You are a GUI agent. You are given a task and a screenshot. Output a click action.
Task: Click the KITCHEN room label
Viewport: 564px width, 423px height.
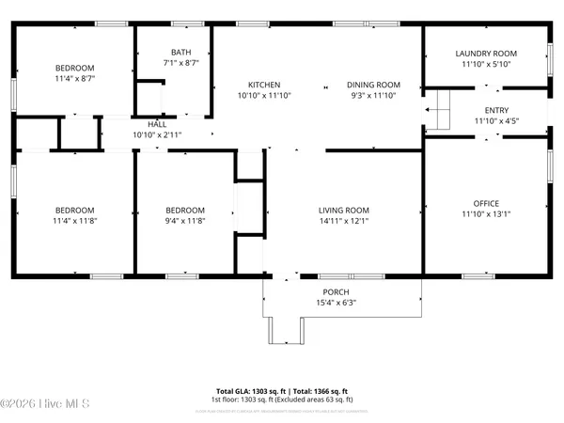point(257,85)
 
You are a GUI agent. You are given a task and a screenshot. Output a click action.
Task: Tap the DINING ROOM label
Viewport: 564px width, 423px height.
point(373,85)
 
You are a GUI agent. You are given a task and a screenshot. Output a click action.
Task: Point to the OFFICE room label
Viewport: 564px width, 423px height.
point(486,203)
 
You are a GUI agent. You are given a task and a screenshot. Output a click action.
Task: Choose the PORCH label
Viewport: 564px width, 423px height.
point(337,292)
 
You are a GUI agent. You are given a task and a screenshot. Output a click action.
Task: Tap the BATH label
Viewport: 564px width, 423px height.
point(180,53)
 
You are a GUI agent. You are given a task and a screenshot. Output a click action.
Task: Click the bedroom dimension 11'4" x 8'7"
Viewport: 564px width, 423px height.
point(73,79)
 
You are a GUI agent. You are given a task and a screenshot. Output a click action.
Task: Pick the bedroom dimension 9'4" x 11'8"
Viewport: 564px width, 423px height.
point(184,220)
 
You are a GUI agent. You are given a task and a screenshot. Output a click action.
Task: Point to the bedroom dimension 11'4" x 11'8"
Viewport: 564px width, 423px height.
point(73,220)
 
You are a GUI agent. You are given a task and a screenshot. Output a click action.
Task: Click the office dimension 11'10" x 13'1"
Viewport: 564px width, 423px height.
point(486,213)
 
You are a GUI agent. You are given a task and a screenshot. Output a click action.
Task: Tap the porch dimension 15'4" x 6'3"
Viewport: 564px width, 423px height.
point(337,303)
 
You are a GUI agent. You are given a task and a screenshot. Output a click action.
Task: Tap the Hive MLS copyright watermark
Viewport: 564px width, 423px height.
point(45,404)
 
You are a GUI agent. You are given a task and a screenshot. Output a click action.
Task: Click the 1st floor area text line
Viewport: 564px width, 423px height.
point(282,399)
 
